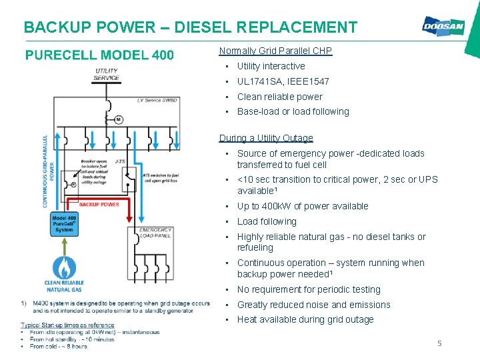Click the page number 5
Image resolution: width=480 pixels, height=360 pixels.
(439, 343)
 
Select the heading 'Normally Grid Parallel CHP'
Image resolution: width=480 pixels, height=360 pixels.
(275, 51)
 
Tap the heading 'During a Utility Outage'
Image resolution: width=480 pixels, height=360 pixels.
(266, 138)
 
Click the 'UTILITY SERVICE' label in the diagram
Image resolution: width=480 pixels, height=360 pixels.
(107, 74)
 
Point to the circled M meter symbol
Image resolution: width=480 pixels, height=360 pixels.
(118, 119)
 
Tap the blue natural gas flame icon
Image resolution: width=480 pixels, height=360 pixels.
(64, 267)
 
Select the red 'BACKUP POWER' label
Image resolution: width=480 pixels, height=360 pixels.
(99, 204)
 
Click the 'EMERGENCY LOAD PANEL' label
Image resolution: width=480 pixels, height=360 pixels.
(156, 233)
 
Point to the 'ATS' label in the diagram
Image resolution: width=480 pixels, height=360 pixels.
(120, 161)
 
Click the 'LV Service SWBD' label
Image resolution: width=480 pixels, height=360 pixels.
(157, 100)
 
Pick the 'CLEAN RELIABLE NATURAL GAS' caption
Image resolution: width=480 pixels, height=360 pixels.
(64, 287)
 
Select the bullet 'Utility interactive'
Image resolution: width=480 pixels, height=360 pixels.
(271, 66)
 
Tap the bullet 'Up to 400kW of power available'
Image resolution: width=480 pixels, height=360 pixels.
(303, 206)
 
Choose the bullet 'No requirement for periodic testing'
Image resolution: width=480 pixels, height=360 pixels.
(309, 289)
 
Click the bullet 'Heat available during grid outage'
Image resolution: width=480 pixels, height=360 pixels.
(305, 319)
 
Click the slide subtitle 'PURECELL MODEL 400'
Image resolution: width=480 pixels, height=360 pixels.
(99, 55)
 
